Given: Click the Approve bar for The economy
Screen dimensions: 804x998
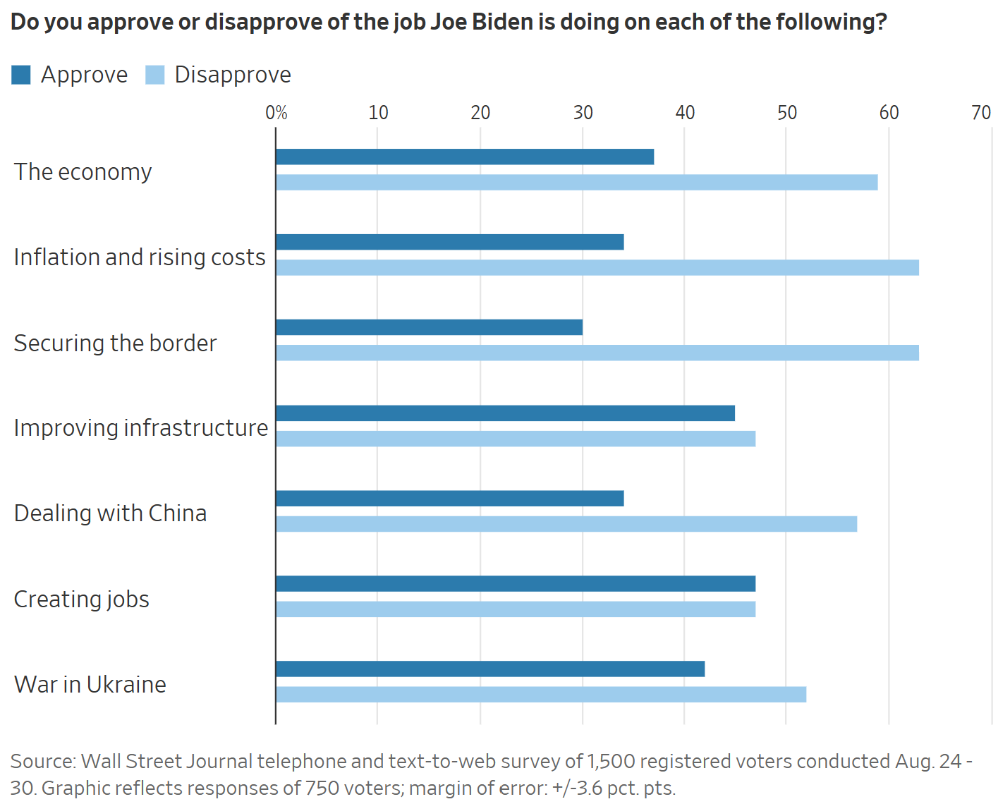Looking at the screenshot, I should [x=465, y=157].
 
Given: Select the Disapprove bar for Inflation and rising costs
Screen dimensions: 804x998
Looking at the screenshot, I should [x=597, y=267].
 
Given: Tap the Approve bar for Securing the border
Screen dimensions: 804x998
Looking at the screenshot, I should [x=429, y=327].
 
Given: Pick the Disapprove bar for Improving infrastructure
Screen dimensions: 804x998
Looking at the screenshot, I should [x=516, y=439].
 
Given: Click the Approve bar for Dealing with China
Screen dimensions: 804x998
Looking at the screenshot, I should [x=449, y=499].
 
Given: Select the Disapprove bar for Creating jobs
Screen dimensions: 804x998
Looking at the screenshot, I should [x=516, y=609].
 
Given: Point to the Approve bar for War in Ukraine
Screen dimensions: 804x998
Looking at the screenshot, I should [x=490, y=669].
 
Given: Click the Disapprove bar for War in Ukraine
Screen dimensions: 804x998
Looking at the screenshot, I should [x=541, y=695].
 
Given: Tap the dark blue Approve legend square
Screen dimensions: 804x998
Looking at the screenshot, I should [x=21, y=75].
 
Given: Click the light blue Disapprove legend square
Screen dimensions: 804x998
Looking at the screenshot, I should [x=155, y=75].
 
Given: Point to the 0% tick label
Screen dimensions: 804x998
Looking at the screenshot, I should [x=276, y=113].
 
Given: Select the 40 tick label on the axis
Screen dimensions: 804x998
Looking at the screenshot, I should [x=685, y=113].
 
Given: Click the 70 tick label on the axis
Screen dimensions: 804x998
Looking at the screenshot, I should [x=981, y=113].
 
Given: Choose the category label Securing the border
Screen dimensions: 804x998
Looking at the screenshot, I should [x=116, y=343].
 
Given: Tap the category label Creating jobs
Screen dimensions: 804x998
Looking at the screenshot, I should [x=82, y=599].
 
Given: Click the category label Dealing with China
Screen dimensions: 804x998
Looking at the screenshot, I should [x=111, y=513].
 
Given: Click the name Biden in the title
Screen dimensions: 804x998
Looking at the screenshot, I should [x=508, y=23].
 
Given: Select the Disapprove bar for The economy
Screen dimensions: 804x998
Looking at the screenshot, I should [x=576, y=182].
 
